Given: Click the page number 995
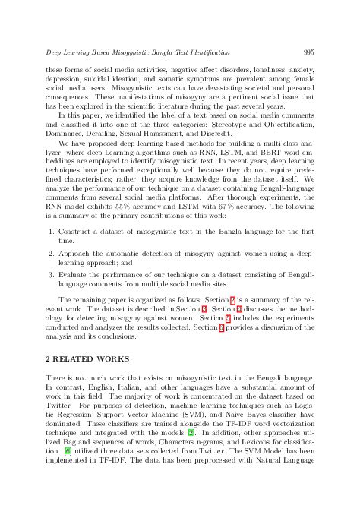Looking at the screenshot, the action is pyautogui.click(x=308, y=52).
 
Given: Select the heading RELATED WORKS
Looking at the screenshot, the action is pyautogui.click(x=84, y=357).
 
